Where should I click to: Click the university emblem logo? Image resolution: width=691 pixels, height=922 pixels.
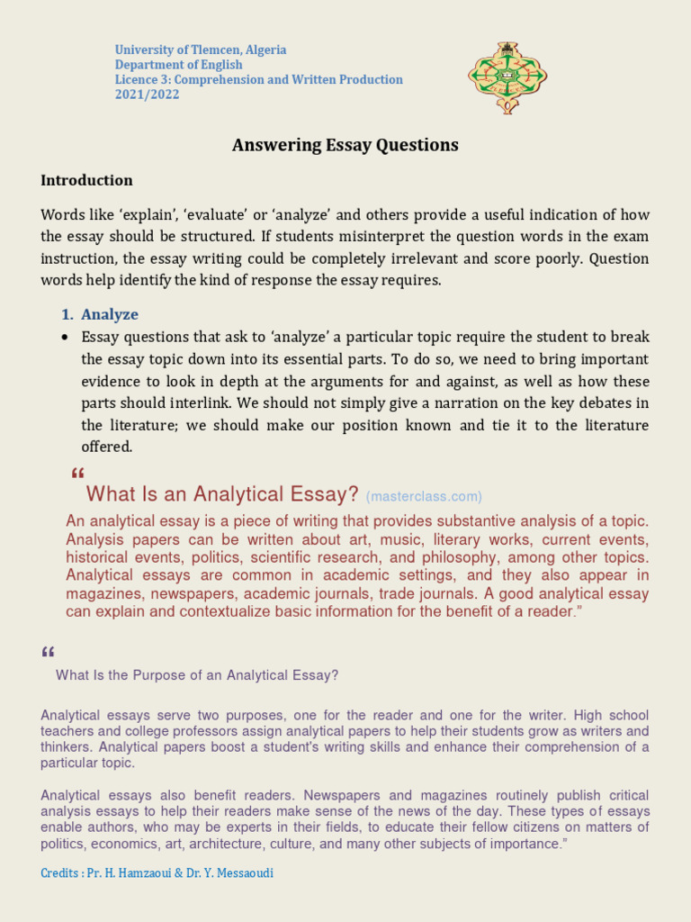tap(507, 77)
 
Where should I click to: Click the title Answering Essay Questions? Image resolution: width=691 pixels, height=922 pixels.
tap(345, 145)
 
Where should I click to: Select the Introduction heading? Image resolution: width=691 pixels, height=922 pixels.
tap(86, 180)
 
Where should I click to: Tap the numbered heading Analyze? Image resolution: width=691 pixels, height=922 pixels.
tap(110, 314)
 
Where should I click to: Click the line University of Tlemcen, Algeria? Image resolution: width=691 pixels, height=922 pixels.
tap(200, 50)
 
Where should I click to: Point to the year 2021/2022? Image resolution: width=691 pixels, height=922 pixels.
tap(147, 95)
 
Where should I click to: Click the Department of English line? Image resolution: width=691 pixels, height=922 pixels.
tap(178, 65)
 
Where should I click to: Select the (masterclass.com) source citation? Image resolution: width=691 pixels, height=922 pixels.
tap(424, 496)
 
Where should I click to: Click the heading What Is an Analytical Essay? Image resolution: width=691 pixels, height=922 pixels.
tap(222, 494)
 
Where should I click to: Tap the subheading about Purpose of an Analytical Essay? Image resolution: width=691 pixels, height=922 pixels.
tap(197, 675)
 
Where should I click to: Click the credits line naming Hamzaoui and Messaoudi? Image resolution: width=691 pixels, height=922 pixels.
tap(157, 873)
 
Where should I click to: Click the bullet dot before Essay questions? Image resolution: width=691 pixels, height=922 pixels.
tap(64, 338)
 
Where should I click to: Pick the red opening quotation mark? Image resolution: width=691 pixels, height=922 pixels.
tap(76, 475)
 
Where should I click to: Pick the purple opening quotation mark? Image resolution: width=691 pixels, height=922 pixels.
tap(48, 653)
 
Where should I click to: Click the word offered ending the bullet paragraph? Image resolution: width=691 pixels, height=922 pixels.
tap(106, 447)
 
